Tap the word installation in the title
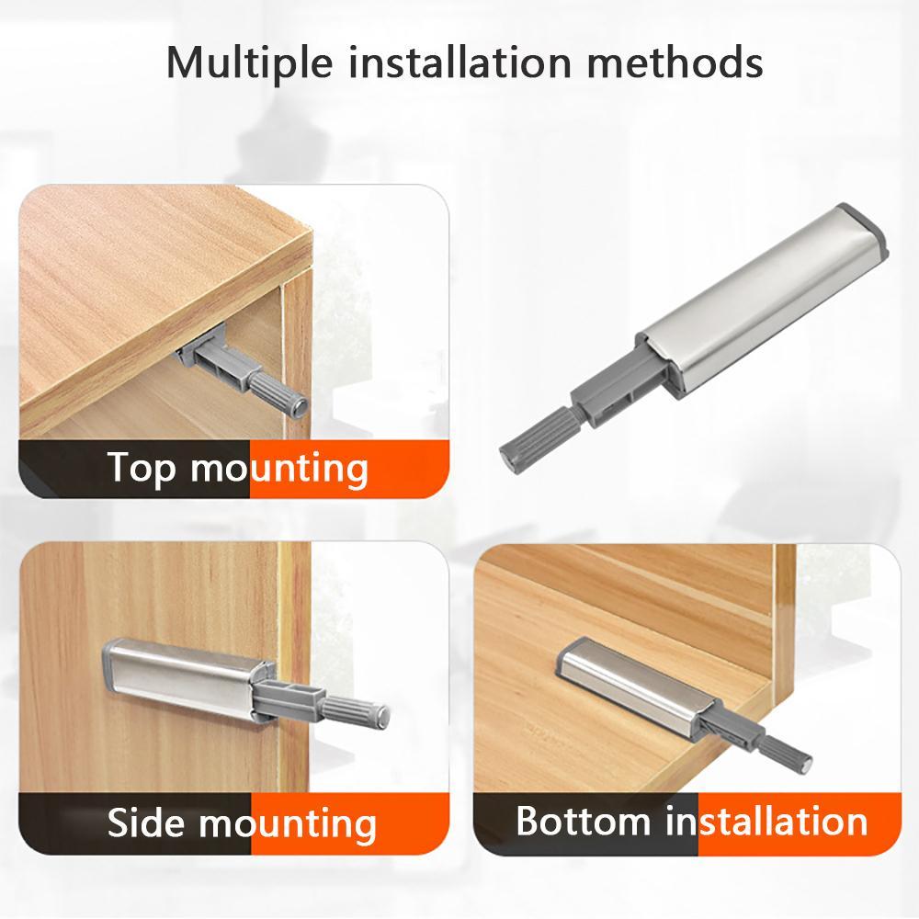(460, 61)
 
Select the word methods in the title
(675, 61)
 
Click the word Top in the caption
(142, 469)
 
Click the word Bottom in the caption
(584, 821)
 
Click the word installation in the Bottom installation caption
(766, 821)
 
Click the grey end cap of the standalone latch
(865, 230)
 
